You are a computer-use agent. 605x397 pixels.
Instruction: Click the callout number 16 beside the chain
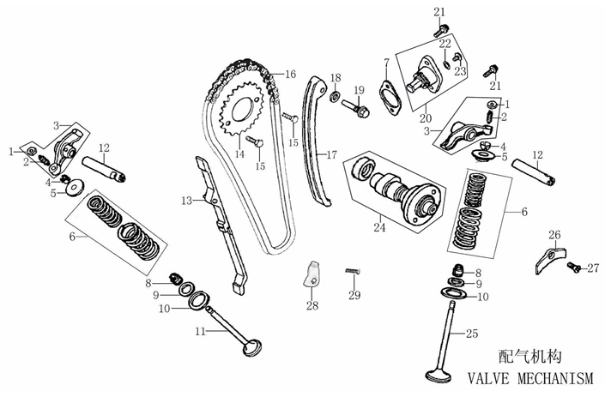pos(290,74)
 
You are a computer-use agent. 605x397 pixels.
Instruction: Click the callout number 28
pos(312,305)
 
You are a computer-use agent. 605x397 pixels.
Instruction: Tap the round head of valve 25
pos(445,376)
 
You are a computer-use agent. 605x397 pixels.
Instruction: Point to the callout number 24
pos(379,228)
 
